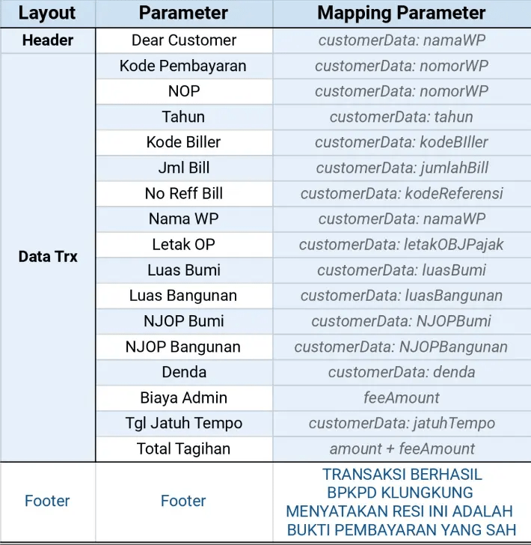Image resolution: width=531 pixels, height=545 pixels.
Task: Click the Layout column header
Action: tap(47, 13)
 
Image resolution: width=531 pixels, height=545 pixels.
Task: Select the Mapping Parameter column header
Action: tap(402, 13)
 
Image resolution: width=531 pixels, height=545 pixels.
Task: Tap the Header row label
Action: tap(47, 40)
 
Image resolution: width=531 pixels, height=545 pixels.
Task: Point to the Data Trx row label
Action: tap(47, 257)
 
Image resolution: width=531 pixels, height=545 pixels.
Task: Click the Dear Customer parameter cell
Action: tap(184, 40)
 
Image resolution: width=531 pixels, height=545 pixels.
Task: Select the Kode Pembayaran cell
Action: tap(184, 66)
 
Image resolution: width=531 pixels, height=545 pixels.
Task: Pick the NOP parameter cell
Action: tap(184, 91)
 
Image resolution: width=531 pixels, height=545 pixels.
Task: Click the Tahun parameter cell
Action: tap(184, 117)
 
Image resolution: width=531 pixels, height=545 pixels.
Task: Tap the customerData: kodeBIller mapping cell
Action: tap(402, 142)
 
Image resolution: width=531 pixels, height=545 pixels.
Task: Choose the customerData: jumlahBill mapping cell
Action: tap(402, 168)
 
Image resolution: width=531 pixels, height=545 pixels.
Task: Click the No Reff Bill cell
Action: tap(184, 193)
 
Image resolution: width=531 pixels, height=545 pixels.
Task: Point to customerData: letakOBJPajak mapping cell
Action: tap(402, 244)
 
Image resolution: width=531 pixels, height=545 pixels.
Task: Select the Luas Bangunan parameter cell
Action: tap(184, 295)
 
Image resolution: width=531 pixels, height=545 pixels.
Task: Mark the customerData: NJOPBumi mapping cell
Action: tap(402, 321)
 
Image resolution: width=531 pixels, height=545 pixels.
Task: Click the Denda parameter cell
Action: tap(184, 372)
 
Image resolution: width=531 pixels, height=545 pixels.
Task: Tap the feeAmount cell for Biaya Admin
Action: tap(402, 398)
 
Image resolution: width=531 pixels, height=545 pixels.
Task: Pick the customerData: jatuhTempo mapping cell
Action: tap(402, 423)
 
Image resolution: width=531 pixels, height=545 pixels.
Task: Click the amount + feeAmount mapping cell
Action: tap(402, 448)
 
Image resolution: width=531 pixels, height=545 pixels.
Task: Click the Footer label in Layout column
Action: tap(47, 501)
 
